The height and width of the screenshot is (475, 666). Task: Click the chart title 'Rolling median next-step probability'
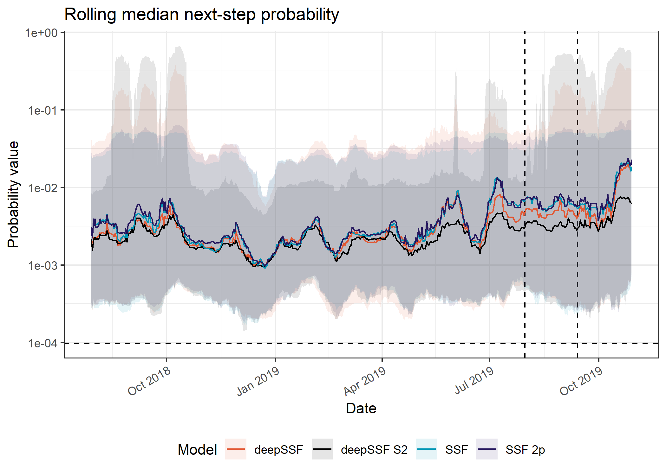point(202,15)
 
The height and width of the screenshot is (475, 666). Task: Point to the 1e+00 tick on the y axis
point(42,33)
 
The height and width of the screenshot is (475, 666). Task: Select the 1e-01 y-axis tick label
point(43,110)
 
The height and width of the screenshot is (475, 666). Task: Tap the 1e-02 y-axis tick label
point(43,188)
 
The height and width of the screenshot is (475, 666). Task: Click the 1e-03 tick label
point(43,265)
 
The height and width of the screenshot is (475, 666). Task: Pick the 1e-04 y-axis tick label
point(43,343)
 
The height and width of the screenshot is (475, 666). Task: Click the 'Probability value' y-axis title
point(13,194)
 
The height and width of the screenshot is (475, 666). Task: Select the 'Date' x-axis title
point(361,408)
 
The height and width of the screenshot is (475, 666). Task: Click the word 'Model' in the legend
point(197,450)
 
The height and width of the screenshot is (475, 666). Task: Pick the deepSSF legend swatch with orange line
point(236,449)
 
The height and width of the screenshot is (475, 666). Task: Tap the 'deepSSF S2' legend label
point(374,450)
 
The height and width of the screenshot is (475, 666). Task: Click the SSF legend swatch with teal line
point(426,449)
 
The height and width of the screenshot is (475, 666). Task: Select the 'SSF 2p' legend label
point(525,450)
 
